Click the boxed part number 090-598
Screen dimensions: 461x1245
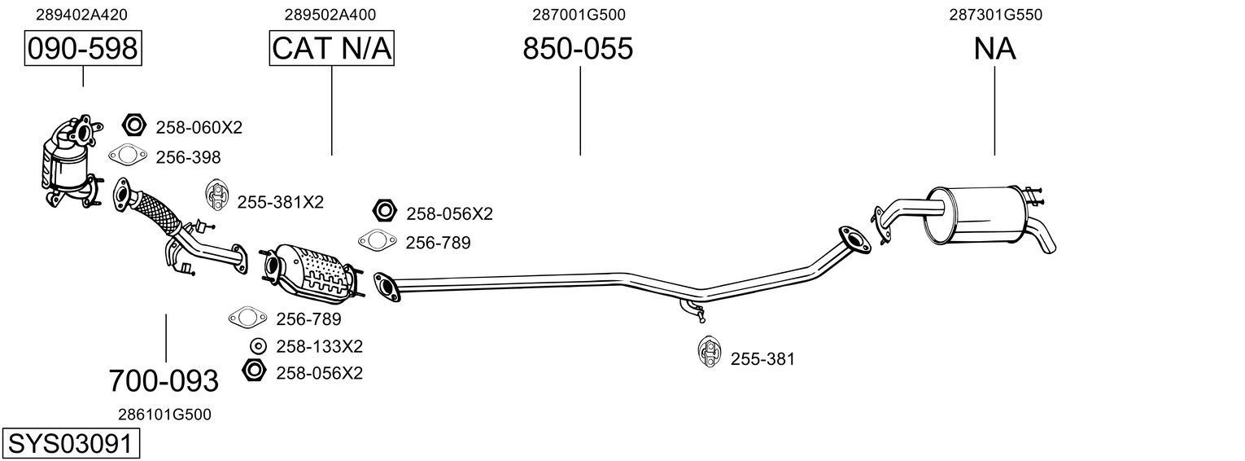point(82,49)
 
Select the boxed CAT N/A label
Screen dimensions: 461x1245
point(331,49)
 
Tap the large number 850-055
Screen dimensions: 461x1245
point(577,49)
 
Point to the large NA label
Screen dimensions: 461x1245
point(994,49)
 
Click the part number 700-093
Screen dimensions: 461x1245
point(164,380)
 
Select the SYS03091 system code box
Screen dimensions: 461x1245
point(70,444)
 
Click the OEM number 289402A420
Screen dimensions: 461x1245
point(81,15)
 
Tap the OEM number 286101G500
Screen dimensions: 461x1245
point(164,414)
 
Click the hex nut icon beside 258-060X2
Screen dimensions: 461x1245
point(133,125)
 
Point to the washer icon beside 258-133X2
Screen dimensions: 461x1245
point(258,345)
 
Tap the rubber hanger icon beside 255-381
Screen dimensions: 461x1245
point(709,351)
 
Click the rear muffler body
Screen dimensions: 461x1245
point(975,215)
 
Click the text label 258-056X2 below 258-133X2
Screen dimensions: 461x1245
point(319,373)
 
